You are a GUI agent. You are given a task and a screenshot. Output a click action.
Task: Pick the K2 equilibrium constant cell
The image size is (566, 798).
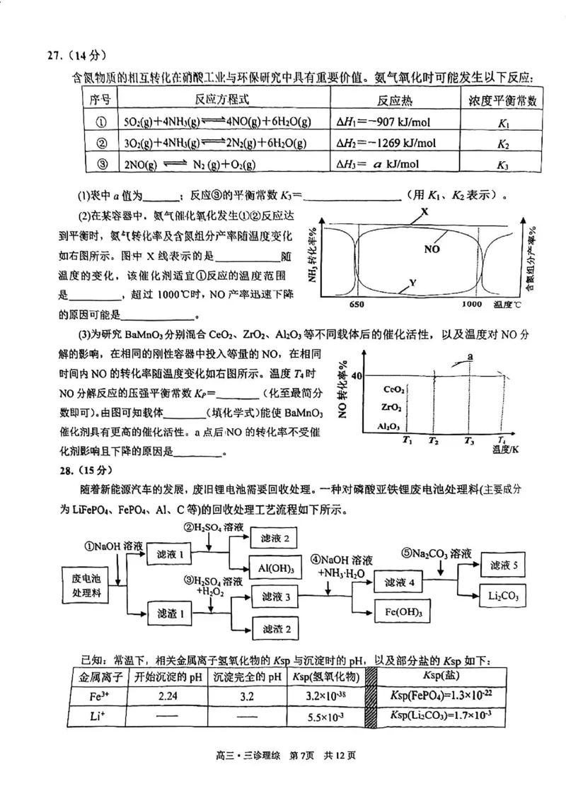pos(503,144)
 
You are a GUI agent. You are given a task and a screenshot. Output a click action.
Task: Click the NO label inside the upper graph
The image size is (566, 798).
pos(434,249)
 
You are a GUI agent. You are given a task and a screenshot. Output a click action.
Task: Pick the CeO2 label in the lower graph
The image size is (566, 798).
pos(393,389)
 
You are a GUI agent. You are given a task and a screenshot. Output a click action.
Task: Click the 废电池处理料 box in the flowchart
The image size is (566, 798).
pos(87,584)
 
